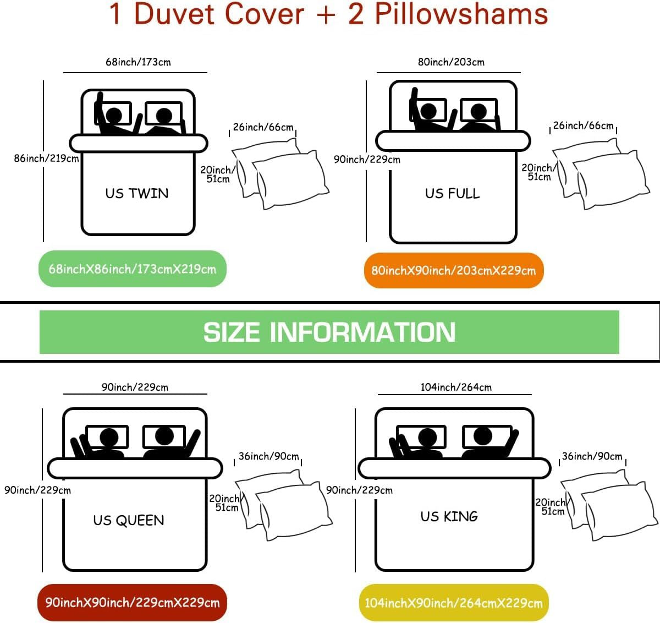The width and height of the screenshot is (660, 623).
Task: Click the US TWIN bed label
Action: pos(137,193)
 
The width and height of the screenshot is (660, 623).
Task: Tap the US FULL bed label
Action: pos(452,193)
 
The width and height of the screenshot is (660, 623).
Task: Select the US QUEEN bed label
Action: pos(129,521)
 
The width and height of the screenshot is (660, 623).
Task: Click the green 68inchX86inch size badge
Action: pos(132,269)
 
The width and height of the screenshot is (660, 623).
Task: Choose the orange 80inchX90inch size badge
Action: pos(454,270)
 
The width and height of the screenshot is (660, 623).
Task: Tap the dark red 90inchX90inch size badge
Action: pos(132,603)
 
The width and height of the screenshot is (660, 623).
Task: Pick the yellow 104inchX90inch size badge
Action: pos(454,603)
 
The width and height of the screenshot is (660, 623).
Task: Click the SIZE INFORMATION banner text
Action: pos(329,332)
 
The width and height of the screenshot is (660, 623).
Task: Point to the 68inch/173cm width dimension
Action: pos(138,62)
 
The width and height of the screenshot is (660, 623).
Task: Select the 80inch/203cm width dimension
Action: pos(451,62)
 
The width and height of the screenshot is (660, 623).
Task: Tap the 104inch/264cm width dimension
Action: pos(456,387)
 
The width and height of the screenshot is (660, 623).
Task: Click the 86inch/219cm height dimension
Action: pos(46,159)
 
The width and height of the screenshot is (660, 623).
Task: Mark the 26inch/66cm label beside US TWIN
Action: pos(263,127)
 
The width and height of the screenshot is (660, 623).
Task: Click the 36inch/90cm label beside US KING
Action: pos(592,456)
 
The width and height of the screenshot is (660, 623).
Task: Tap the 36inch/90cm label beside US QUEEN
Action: pos(268,456)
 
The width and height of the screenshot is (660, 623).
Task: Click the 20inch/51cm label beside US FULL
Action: pos(538,172)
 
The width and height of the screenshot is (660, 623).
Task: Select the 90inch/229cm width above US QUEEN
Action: pos(135,387)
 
